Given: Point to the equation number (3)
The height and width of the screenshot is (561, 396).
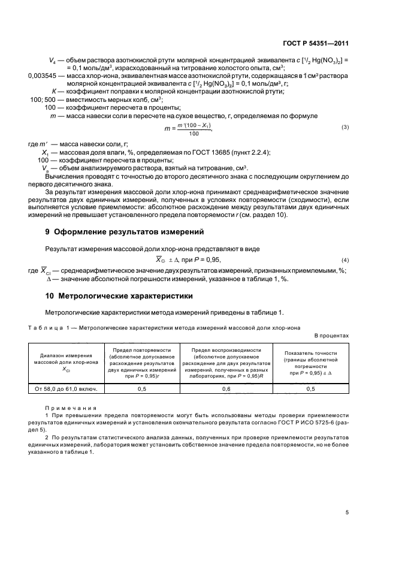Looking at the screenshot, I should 344,128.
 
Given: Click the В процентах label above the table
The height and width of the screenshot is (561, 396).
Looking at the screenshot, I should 331,335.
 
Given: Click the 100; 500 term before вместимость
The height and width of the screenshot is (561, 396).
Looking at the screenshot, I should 43,99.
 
